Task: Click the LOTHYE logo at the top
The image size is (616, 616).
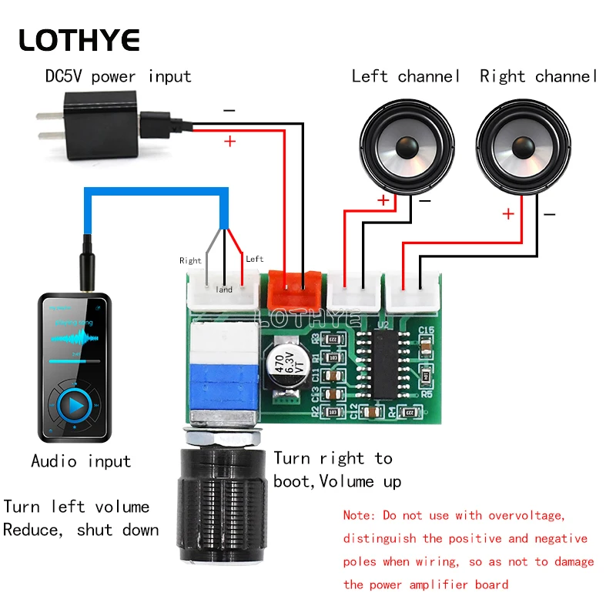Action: (79, 39)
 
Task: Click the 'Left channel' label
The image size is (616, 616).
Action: (406, 76)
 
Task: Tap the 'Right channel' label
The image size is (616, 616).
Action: (538, 76)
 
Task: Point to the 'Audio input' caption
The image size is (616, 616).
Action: (81, 461)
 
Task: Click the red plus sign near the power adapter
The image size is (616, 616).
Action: (229, 142)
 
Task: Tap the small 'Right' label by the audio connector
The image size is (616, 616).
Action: (190, 260)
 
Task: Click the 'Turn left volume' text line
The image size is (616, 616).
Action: (76, 507)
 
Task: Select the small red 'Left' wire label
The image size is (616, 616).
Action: (254, 259)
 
